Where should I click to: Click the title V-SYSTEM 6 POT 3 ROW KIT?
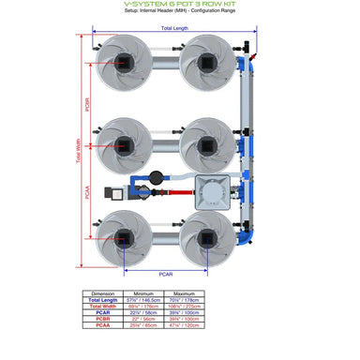[180, 5]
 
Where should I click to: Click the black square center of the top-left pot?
[124, 59]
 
